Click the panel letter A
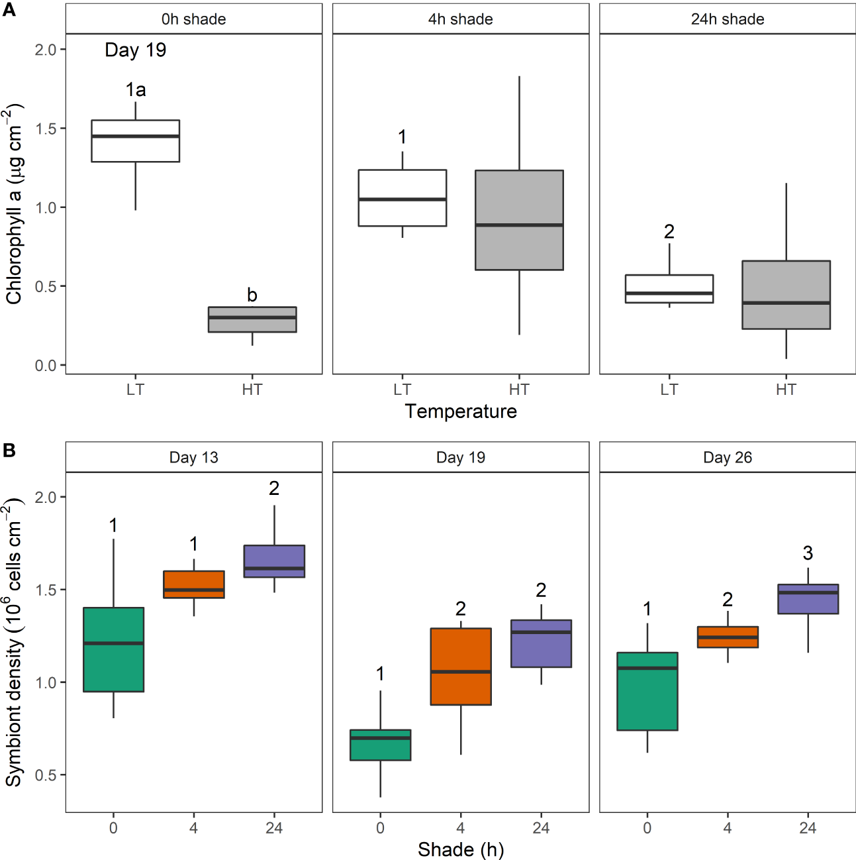coord(9,11)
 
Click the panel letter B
coord(9,451)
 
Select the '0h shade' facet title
coord(193,19)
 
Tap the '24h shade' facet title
coord(727,19)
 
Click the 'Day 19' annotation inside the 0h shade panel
coord(136,50)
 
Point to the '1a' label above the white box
coord(136,89)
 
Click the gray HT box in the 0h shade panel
coord(252,319)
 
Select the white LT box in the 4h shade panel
coord(403,198)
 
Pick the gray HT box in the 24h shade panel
coord(786,295)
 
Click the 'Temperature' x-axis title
coord(461,411)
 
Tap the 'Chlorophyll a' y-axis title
coord(15,205)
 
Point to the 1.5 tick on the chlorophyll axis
coord(46,129)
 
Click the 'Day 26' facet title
coord(727,458)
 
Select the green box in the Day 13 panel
coord(113,649)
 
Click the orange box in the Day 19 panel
coord(461,667)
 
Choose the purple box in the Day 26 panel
coord(808,599)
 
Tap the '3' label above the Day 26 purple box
coord(808,553)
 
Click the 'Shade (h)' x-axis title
coord(461,849)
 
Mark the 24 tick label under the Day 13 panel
coord(274,828)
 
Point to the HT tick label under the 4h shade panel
coord(519,390)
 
